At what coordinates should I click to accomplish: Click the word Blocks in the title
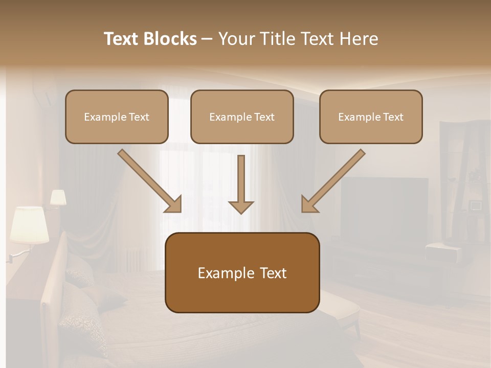(x=170, y=39)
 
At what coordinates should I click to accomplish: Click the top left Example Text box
(x=117, y=117)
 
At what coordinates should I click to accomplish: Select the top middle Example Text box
(x=242, y=117)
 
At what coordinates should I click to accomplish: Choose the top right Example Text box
(x=371, y=117)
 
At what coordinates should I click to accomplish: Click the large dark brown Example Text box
(x=242, y=273)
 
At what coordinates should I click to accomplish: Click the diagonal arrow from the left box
(x=149, y=181)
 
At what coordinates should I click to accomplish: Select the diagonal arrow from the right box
(x=333, y=181)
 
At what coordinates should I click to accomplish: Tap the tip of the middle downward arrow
(x=241, y=212)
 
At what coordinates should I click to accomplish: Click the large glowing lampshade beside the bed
(x=29, y=224)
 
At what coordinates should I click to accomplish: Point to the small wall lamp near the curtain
(x=58, y=198)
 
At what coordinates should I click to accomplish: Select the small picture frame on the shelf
(x=476, y=205)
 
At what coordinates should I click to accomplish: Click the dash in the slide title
(x=207, y=39)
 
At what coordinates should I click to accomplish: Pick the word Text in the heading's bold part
(x=122, y=39)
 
